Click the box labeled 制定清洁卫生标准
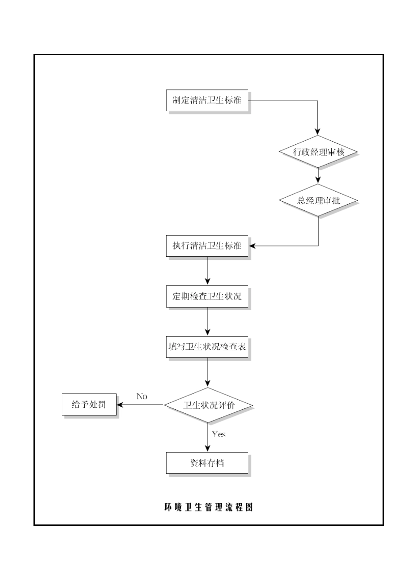(x=207, y=100)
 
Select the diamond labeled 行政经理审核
(x=318, y=152)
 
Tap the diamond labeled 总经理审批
(x=318, y=200)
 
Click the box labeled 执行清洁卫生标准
(x=207, y=246)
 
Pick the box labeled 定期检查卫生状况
(x=207, y=296)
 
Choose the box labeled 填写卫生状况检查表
(x=207, y=347)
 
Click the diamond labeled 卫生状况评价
(x=208, y=405)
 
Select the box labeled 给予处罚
(x=89, y=405)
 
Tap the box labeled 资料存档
(x=207, y=463)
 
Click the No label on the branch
(x=142, y=396)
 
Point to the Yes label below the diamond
(x=219, y=434)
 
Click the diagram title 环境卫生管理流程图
(x=208, y=507)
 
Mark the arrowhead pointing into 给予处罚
(x=120, y=405)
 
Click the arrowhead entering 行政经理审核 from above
(x=318, y=131)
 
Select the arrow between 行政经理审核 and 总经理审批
(x=318, y=176)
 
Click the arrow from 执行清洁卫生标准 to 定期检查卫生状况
(x=208, y=271)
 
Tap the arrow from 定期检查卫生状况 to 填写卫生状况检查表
(x=208, y=322)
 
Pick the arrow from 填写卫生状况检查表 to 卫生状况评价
(x=208, y=372)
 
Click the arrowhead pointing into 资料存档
(x=208, y=448)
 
